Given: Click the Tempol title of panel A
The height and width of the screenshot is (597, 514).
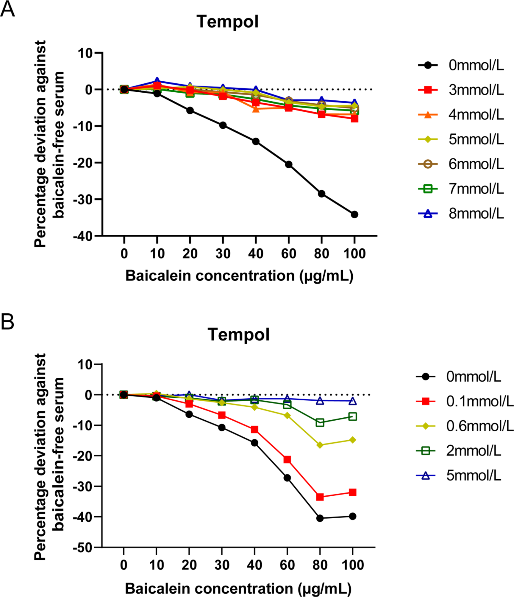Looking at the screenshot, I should coord(227,22).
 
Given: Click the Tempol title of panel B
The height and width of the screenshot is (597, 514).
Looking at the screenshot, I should coord(238,335).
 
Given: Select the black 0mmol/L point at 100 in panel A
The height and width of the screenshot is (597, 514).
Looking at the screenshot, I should coord(354,214).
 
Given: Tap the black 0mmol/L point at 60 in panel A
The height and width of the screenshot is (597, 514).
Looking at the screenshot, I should coord(288,164).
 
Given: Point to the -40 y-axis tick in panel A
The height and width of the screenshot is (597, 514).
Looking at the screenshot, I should coord(83,236).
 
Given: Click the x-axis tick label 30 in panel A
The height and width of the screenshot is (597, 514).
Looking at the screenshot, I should coord(223,254).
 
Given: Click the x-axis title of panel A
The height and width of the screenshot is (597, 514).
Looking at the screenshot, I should coord(239,276).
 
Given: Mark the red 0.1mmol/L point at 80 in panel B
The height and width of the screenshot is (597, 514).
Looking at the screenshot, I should coord(320,497).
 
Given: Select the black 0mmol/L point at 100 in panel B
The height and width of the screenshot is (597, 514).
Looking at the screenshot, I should coord(352,516).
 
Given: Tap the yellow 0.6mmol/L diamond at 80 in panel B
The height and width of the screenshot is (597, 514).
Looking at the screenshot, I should coord(320,445).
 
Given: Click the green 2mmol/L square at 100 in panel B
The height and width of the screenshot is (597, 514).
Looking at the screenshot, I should coord(352,416).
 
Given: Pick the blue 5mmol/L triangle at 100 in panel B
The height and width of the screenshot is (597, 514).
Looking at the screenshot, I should coord(352,401).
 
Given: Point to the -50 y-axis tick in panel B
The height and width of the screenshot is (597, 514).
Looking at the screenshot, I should coord(83,548).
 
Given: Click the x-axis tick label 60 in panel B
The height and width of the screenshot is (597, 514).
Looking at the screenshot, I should coord(287,565).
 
